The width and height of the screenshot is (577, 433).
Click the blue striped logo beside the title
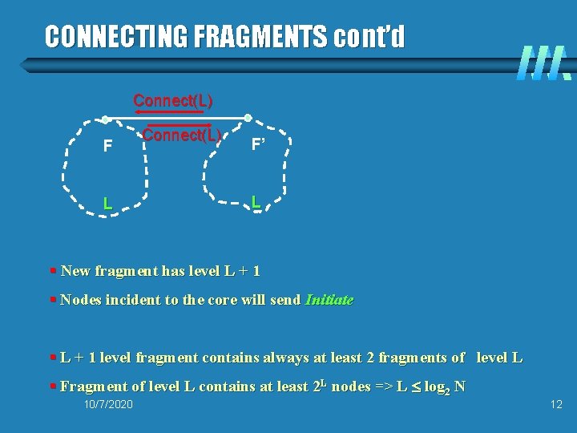pos(544,62)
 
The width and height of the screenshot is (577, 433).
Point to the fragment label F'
pos(259,145)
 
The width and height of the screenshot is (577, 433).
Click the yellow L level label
pos(107,204)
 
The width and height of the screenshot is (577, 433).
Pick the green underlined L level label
pos(255,202)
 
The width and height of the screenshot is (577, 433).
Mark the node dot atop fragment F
pos(105,120)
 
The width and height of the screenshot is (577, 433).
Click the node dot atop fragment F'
pos(248,118)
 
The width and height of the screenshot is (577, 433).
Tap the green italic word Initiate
pos(329,300)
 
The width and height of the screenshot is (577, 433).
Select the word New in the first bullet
pos(75,271)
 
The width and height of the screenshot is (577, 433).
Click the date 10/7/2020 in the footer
pos(108,404)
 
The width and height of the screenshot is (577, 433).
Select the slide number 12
pos(556,404)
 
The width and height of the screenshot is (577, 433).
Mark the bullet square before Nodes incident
pos(52,300)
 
